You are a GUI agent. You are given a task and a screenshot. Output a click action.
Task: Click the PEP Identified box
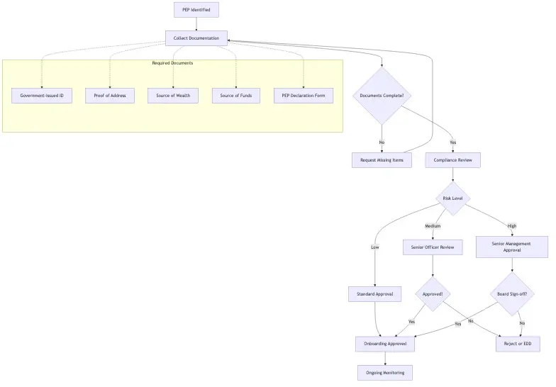coord(196,10)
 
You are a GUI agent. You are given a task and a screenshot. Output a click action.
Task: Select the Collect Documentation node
coord(196,38)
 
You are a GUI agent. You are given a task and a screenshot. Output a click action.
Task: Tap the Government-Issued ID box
coord(42,96)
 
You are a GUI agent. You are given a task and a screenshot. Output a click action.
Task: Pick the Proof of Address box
coord(110,96)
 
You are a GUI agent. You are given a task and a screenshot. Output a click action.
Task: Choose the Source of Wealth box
coord(173,96)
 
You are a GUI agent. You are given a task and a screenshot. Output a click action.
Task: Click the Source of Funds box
coord(236,96)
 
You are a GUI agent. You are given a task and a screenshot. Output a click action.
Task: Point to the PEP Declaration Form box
coord(304,96)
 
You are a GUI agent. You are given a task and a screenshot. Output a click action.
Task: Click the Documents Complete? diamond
coord(382,96)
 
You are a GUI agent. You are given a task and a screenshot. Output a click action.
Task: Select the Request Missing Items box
coord(382,160)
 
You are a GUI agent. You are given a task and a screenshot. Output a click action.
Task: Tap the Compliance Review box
coord(453,160)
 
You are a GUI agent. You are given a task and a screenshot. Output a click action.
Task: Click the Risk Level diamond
coord(453,198)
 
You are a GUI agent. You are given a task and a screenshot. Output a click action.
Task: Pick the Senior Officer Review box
coord(433,247)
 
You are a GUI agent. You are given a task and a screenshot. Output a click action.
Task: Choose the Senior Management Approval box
coord(512,247)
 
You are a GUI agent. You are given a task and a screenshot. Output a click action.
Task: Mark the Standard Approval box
coord(375,294)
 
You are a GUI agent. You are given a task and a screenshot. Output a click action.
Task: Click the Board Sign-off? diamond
coord(512,294)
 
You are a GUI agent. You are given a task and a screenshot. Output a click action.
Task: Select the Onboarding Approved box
coord(385,344)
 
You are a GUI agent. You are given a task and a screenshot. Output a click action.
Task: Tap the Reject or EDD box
coord(518,344)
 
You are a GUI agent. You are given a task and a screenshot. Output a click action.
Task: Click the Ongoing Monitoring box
coord(385,373)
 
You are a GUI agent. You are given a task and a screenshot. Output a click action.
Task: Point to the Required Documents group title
coord(172,63)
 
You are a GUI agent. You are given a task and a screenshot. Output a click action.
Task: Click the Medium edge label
coord(433,226)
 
